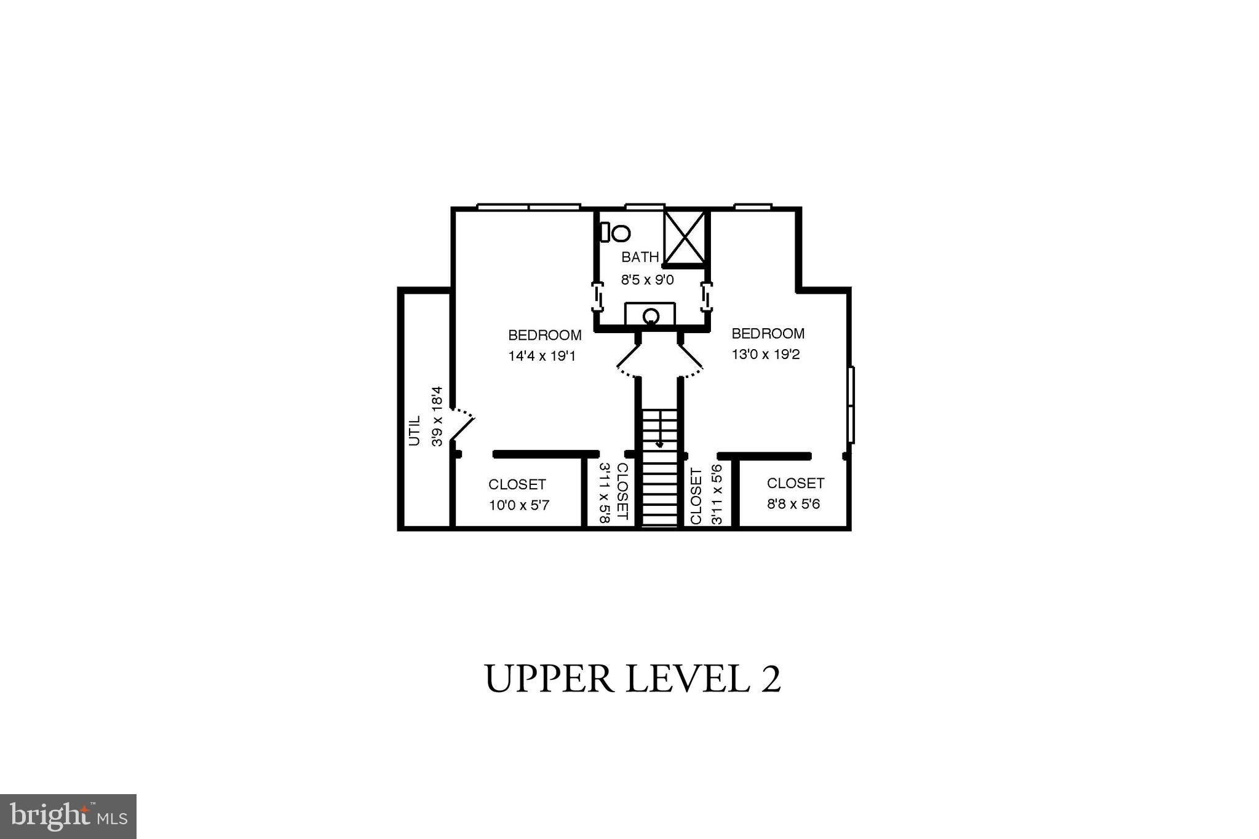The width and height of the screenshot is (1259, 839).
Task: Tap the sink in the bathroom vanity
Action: pyautogui.click(x=650, y=316)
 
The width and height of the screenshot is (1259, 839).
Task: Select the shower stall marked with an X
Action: pyautogui.click(x=685, y=237)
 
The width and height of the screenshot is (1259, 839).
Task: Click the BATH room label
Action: pyautogui.click(x=640, y=257)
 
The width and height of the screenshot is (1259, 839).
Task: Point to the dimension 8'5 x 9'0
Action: pyautogui.click(x=647, y=280)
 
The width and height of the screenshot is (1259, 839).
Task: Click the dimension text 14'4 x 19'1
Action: pyautogui.click(x=542, y=356)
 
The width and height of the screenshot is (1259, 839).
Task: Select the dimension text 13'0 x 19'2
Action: pyautogui.click(x=765, y=355)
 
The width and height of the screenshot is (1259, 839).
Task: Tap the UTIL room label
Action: pyautogui.click(x=415, y=430)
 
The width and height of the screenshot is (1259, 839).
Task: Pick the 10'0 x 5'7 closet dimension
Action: pyautogui.click(x=518, y=505)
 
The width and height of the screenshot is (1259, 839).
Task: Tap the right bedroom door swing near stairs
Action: pyautogui.click(x=691, y=363)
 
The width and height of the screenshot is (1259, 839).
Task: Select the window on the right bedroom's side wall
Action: pyautogui.click(x=851, y=404)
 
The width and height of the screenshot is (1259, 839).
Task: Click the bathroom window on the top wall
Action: pyautogui.click(x=645, y=207)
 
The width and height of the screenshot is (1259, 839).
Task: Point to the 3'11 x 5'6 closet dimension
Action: pyautogui.click(x=717, y=494)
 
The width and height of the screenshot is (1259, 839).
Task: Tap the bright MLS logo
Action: pyautogui.click(x=68, y=816)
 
